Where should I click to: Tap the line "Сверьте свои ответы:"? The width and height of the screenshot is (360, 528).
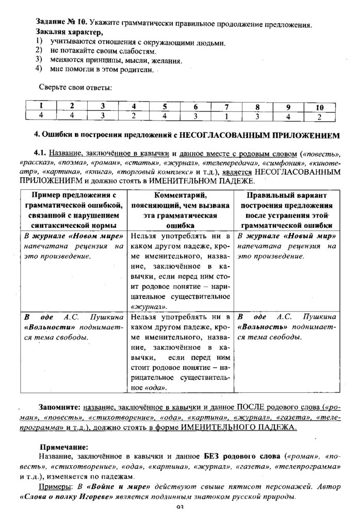tap(75, 87)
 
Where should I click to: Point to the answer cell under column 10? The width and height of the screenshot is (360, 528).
tap(319, 116)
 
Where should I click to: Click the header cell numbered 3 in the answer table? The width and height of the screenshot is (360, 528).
tap(102, 107)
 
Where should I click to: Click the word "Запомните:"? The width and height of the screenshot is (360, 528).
tap(61, 406)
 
